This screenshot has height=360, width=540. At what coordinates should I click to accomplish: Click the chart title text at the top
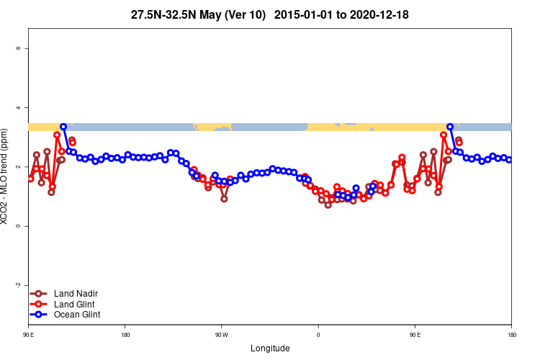tap(270, 14)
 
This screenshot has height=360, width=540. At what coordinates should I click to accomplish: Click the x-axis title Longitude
tap(270, 348)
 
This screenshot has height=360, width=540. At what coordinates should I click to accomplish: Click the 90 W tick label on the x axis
tap(221, 335)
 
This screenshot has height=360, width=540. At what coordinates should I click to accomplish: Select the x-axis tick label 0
tap(318, 335)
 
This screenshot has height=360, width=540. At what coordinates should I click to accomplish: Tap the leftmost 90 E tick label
tap(29, 335)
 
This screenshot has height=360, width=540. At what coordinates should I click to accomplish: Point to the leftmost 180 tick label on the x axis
tap(125, 335)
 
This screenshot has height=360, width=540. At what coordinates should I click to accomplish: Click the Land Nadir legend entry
tap(76, 293)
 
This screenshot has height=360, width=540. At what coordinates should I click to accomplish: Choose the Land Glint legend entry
tap(75, 304)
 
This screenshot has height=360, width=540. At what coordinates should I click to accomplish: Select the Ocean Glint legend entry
tap(77, 315)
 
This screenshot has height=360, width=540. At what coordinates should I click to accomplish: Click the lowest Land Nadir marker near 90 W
tap(224, 199)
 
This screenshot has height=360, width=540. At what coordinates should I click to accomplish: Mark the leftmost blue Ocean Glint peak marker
tap(63, 127)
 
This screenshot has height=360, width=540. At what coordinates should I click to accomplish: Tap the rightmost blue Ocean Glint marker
tap(509, 160)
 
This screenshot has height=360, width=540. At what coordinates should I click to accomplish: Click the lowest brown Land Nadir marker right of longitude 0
tap(328, 205)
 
